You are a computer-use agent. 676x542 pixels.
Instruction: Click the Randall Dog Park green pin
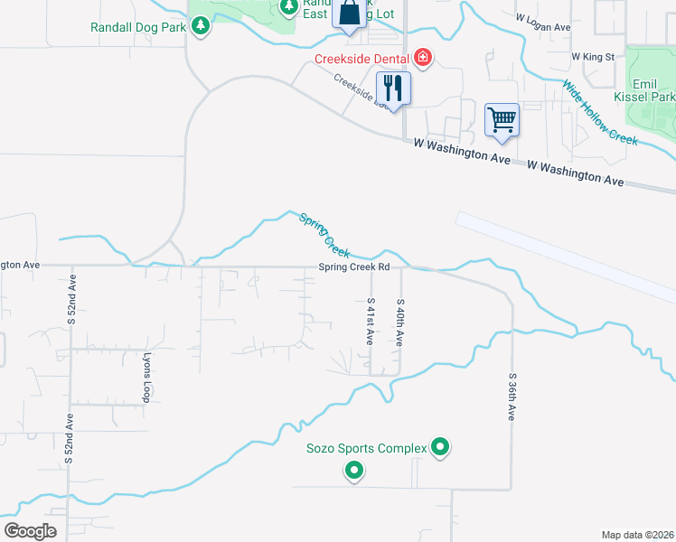(x=201, y=27)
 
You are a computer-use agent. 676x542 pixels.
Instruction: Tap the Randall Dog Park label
(x=138, y=27)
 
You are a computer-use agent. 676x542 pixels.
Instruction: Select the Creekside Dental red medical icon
(x=423, y=59)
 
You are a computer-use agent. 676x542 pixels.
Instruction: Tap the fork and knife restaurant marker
(x=392, y=88)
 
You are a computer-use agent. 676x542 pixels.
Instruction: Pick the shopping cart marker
(x=502, y=119)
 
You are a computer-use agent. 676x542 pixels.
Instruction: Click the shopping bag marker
(x=350, y=14)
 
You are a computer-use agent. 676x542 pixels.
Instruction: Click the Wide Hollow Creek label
(x=600, y=113)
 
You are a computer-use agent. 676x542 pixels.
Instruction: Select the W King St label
(x=593, y=57)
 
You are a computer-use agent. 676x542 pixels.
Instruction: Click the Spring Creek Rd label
(x=353, y=267)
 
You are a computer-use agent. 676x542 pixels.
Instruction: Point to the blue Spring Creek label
(x=324, y=236)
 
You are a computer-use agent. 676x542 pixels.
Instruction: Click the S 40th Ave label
(x=399, y=322)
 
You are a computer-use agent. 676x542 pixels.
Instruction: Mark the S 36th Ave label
(x=511, y=396)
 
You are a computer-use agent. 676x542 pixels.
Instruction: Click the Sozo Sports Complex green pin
(x=440, y=447)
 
